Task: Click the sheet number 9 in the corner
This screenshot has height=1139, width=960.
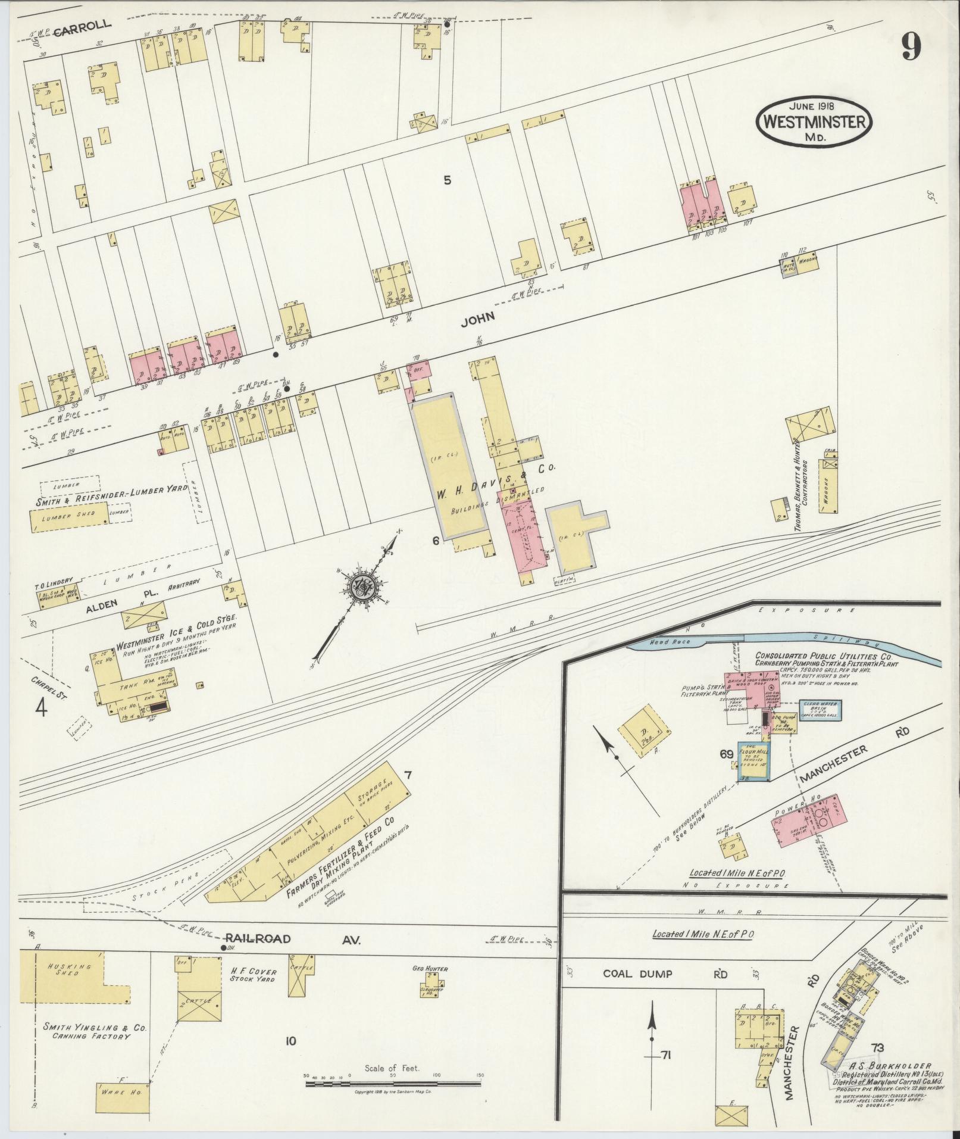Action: (x=911, y=46)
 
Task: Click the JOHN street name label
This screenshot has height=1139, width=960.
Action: (x=477, y=319)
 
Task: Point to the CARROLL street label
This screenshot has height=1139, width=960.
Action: (x=83, y=25)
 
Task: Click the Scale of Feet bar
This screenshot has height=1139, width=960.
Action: (x=393, y=1083)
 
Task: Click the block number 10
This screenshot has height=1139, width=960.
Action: (x=290, y=1041)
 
